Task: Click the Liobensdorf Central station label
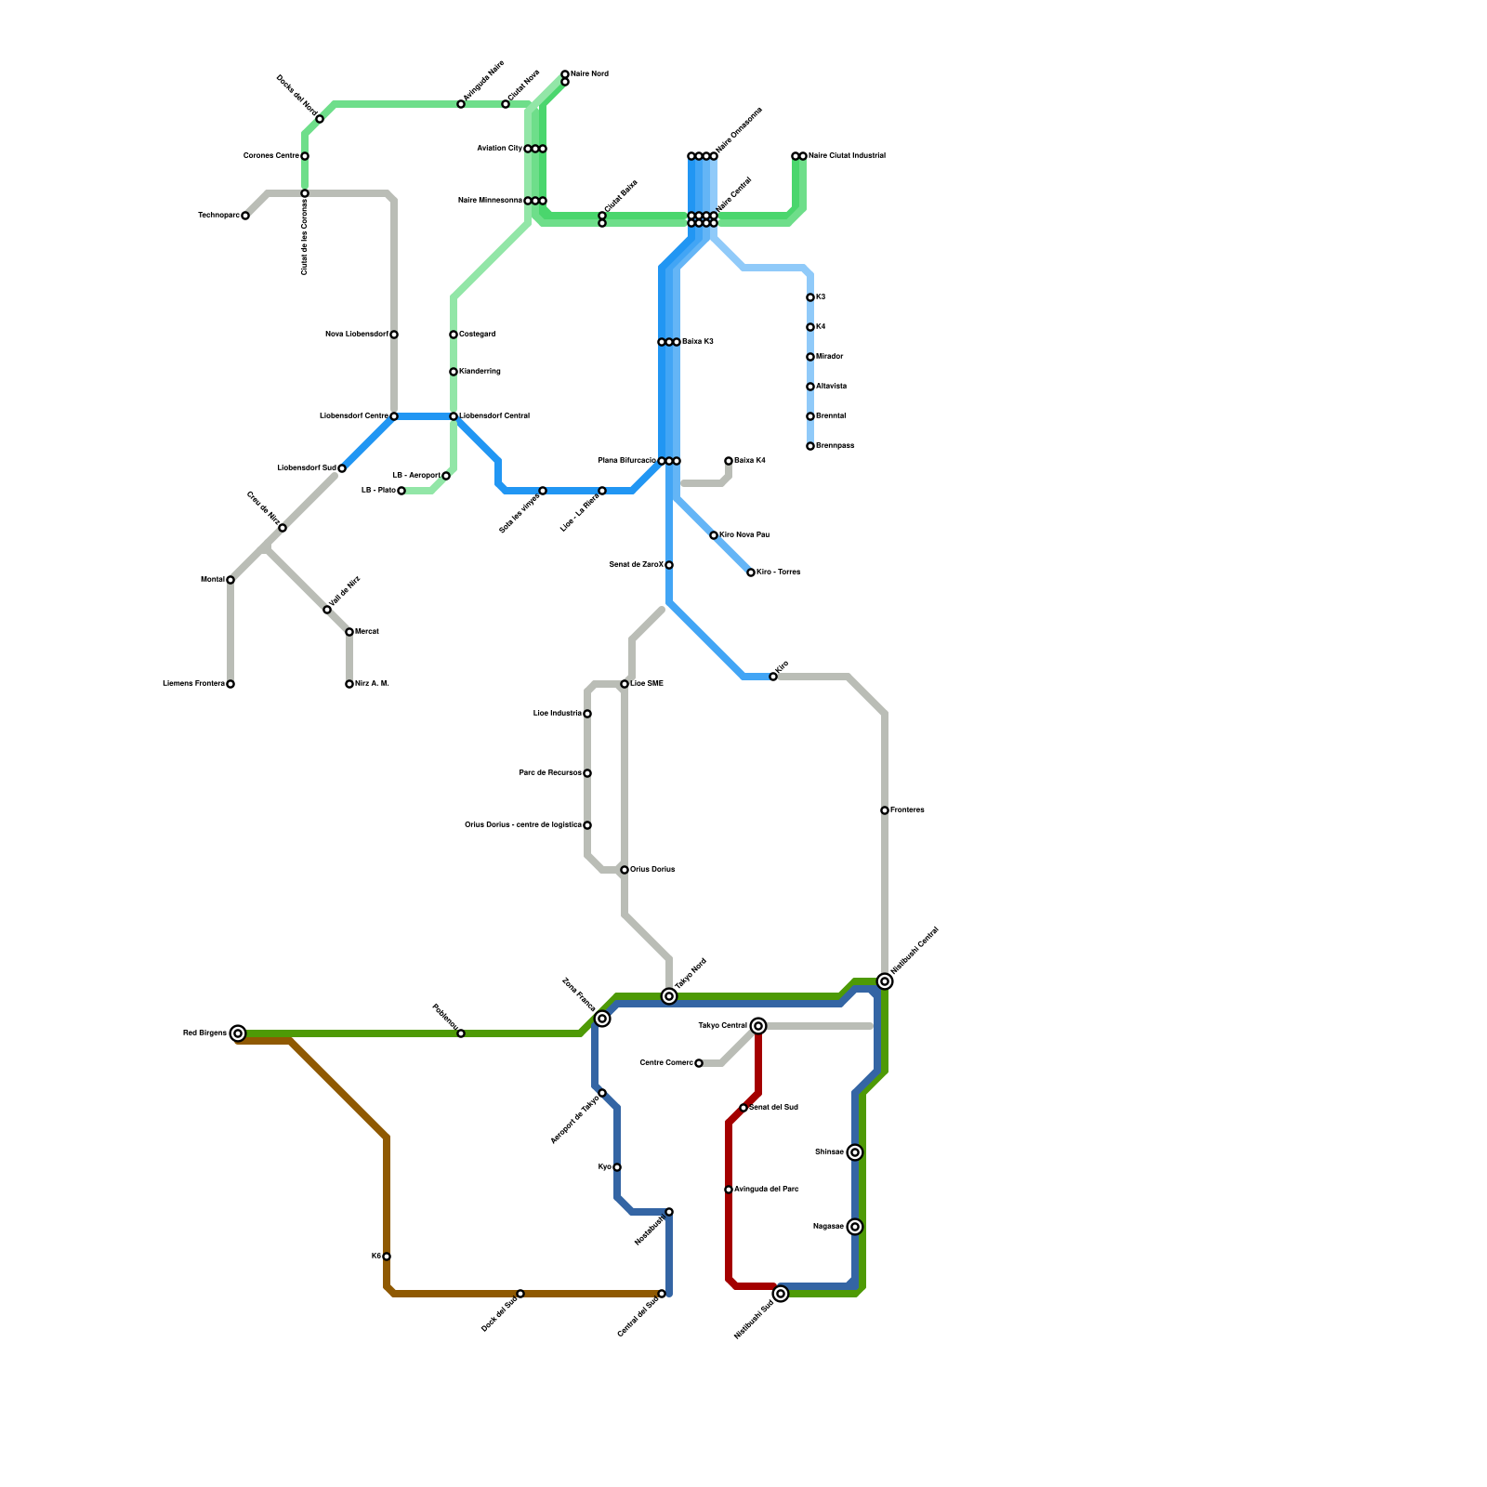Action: coord(494,416)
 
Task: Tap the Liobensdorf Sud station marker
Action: coord(342,468)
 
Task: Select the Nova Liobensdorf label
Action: coord(357,335)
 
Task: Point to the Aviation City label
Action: coord(500,149)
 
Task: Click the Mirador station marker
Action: coord(810,357)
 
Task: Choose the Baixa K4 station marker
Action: coord(729,461)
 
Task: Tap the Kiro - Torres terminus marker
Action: coord(751,572)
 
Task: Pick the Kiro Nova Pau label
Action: coord(744,535)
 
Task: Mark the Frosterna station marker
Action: coord(885,810)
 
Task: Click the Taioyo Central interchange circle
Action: coord(758,1026)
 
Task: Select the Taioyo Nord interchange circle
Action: coord(669,996)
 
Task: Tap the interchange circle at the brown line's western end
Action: coord(238,1033)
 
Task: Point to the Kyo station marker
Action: coord(617,1167)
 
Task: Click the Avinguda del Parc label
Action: coord(767,1190)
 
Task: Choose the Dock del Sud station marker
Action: coord(520,1294)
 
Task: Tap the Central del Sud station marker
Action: coord(662,1294)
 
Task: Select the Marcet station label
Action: coord(367,632)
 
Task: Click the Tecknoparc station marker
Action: coord(245,216)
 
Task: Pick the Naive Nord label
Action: coord(589,73)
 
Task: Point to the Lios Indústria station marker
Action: coord(587,714)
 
